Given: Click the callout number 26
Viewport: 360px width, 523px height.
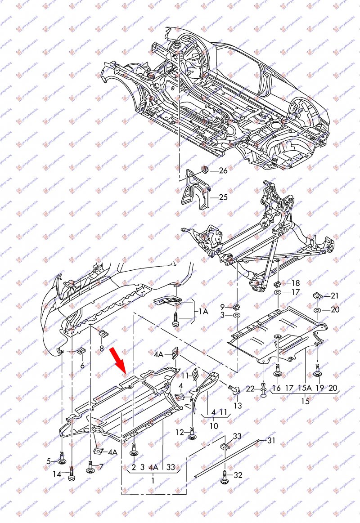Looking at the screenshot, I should pos(224,170).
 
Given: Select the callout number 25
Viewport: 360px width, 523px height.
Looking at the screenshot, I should pos(224,197).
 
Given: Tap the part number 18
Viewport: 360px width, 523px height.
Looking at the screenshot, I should pos(295,283).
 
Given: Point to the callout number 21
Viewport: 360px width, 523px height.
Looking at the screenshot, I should pos(334,295).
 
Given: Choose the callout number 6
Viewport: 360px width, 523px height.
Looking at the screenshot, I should pos(82,366).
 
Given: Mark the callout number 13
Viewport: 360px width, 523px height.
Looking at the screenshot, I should pos(238,406).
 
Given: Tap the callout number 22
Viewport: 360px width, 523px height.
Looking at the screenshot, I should pos(250,389).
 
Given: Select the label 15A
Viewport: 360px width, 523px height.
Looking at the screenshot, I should pos(306,388).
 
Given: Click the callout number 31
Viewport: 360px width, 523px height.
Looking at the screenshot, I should pos(271,440).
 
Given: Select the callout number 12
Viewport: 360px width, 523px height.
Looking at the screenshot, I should pos(180,432).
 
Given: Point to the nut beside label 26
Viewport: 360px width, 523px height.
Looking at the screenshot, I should pos(205,170).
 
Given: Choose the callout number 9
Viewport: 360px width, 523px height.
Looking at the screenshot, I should pos(222,306).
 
